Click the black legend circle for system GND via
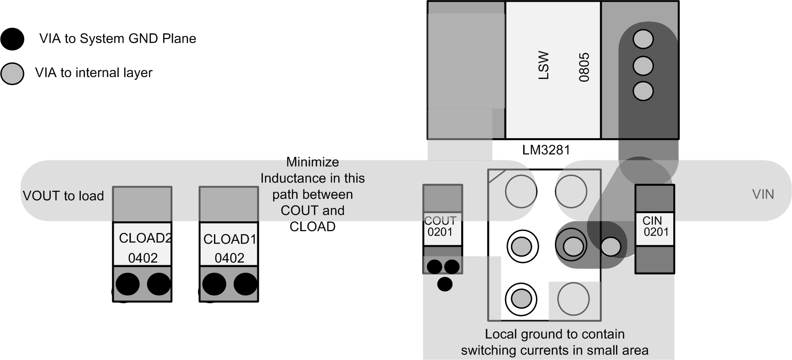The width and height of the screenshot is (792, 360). coord(12,39)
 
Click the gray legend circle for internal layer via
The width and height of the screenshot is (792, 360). coord(12,73)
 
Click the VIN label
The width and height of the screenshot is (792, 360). coord(763,194)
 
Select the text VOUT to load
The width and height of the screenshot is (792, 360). coord(63,196)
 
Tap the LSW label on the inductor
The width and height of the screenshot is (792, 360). coord(544,66)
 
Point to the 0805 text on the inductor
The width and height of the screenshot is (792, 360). coord(584,67)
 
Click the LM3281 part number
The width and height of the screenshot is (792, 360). coord(546,150)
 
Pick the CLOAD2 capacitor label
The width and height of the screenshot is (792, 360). coord(145,238)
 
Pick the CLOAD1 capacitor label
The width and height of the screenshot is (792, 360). coord(230,239)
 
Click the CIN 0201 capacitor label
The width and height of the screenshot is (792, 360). coord(655,226)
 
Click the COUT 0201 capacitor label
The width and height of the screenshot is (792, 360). coord(441,226)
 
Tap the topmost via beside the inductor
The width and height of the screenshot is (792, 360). coord(643,39)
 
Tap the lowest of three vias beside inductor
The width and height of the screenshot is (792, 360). coord(643,91)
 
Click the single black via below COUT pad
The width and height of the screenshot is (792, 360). coord(445,284)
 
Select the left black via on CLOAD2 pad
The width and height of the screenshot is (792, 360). coord(128,284)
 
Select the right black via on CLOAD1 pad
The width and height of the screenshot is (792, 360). coord(245,284)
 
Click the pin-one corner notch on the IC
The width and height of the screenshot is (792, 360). coord(496,176)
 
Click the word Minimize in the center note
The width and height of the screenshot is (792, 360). coord(312,162)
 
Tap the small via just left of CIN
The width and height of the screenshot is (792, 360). coord(611,247)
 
